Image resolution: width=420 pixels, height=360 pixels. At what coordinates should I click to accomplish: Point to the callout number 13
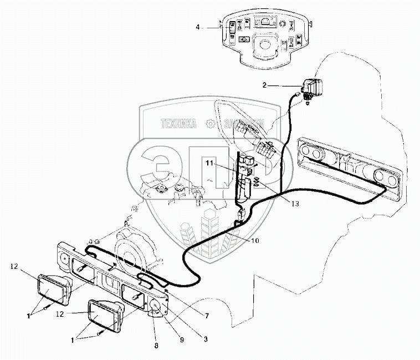[x=295, y=204]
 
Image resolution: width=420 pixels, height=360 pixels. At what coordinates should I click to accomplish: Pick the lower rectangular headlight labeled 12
[x=104, y=314]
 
